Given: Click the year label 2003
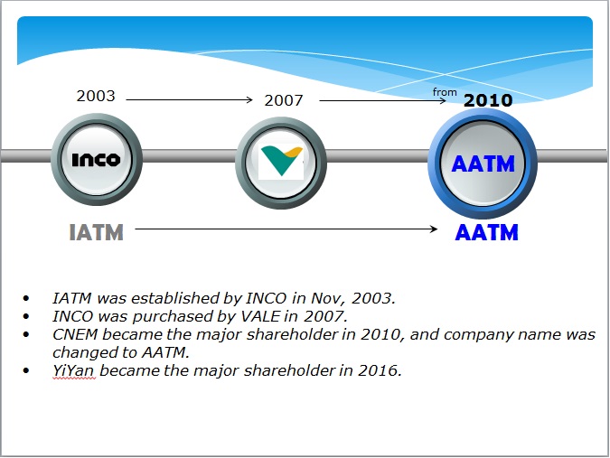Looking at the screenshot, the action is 96,96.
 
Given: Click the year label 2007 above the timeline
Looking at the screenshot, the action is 284,100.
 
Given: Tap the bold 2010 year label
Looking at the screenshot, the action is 488,100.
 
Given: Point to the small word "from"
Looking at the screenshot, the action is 445,92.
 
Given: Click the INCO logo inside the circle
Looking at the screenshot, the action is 96,159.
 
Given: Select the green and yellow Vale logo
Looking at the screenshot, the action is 281,161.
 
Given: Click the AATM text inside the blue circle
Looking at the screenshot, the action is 483,164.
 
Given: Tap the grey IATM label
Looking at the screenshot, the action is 96,232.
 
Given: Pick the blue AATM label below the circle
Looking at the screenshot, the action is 486,232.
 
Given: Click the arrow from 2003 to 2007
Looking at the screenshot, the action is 190,100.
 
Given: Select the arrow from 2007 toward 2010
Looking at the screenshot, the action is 382,100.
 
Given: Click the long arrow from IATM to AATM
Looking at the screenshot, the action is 286,229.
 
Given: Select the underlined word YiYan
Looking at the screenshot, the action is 73,371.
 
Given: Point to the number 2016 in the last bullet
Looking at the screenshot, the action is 378,370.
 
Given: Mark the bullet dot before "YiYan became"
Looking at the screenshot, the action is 26,370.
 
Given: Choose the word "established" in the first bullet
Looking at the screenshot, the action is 175,299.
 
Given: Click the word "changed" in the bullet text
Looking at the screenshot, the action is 85,353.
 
